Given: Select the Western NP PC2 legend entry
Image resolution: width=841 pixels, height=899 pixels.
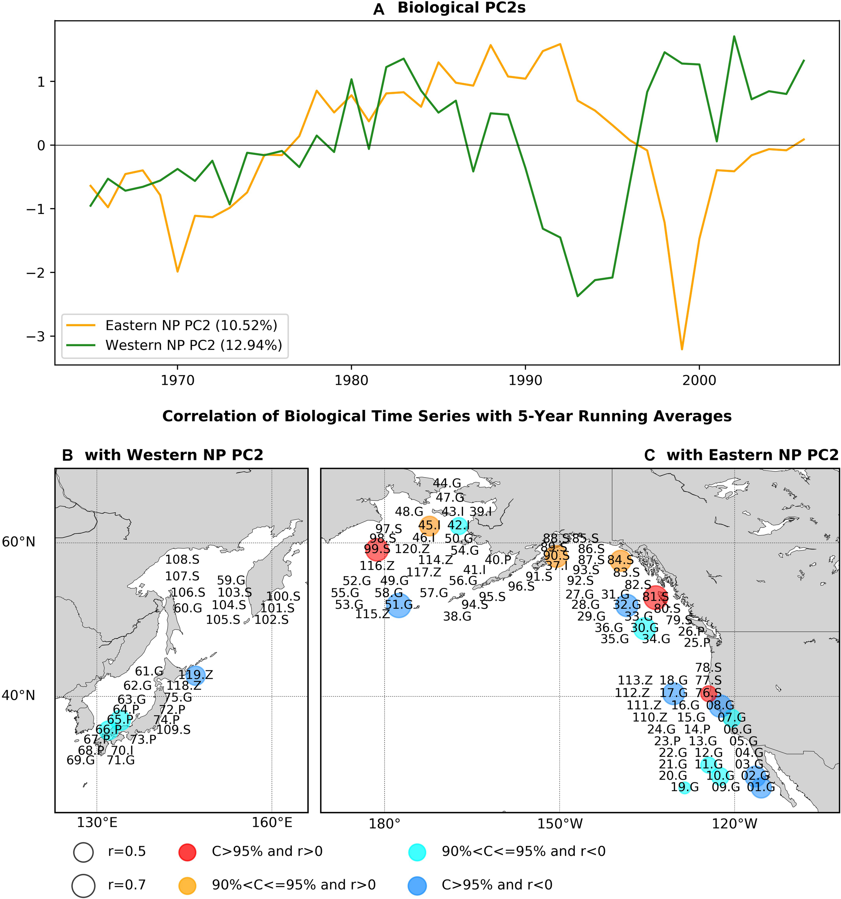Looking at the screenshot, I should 193,345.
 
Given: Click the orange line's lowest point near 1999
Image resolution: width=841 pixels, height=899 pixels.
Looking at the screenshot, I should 682,349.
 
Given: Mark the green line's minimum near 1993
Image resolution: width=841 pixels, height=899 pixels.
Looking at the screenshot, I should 578,296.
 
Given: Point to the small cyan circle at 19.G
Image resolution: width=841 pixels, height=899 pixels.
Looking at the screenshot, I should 685,787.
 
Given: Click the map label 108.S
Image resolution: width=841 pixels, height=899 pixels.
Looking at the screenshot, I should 182,560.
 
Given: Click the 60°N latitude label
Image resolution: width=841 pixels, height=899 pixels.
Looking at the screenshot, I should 19,542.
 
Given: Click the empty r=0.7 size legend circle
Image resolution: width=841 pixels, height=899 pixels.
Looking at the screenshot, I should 83,885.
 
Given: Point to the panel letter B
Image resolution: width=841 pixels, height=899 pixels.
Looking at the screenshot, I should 67,455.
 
